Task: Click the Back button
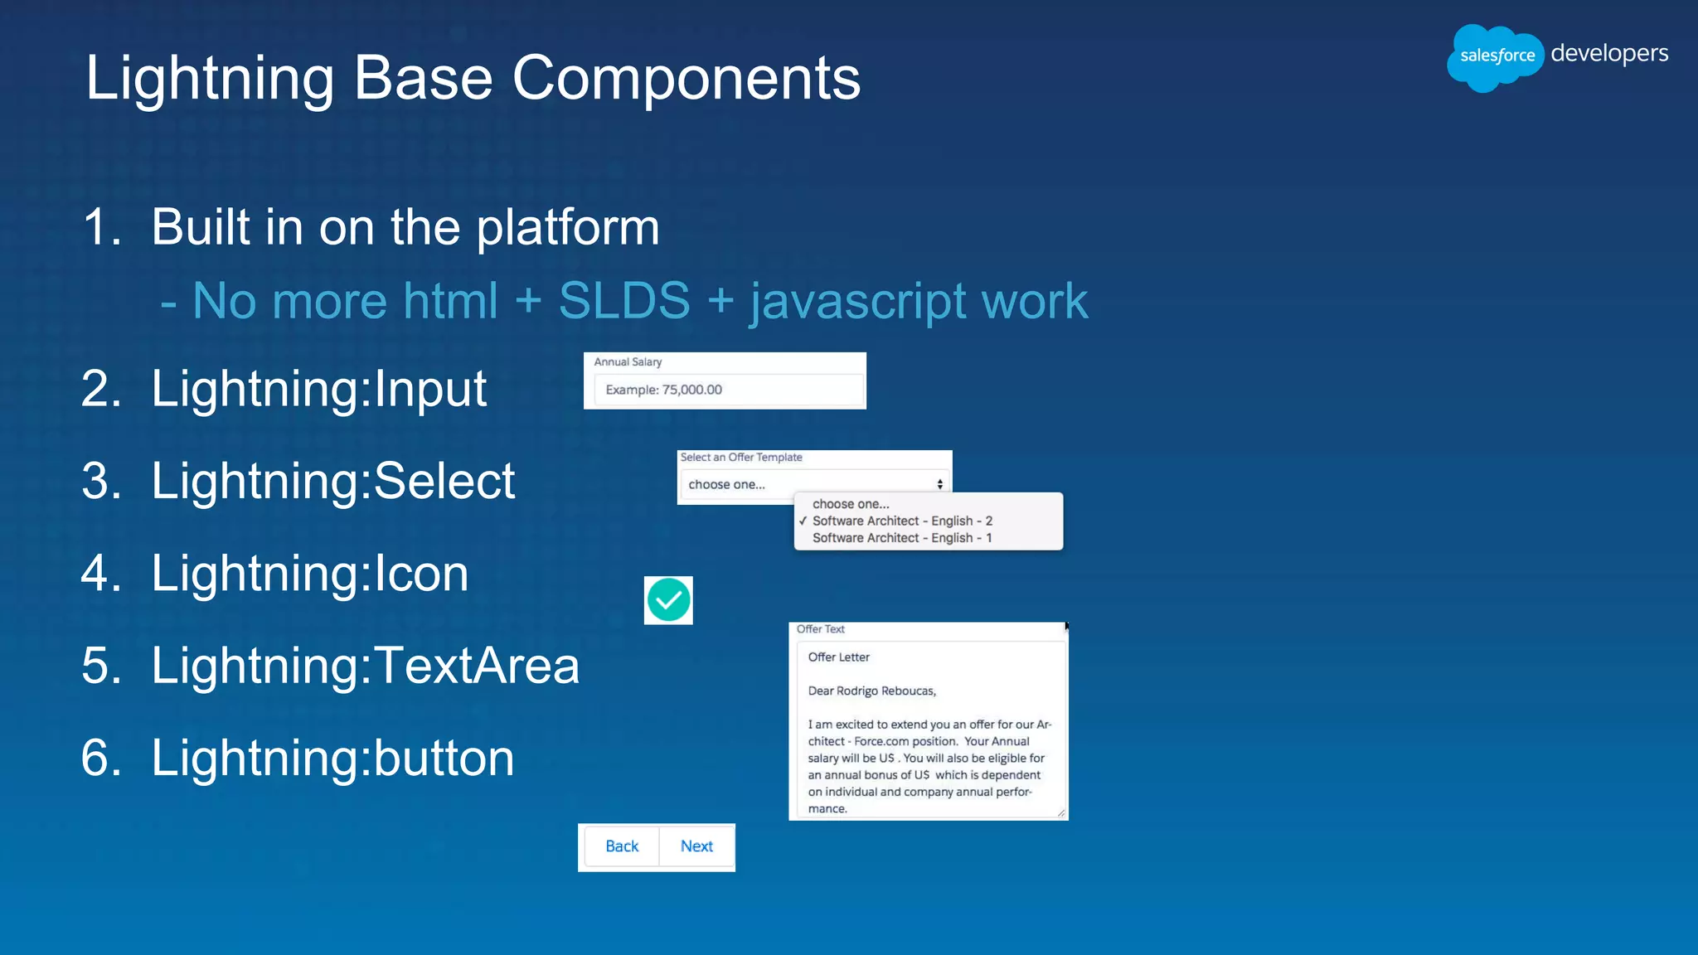[x=622, y=846]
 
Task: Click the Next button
[x=696, y=846]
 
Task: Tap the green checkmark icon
[x=668, y=600]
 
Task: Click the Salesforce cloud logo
[x=1495, y=56]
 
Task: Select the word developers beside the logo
[x=1608, y=53]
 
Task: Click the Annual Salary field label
[x=628, y=362]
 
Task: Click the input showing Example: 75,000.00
[x=728, y=390]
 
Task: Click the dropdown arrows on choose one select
[x=939, y=484]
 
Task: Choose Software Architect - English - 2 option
[x=902, y=521]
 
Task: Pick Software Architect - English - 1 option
[x=902, y=538]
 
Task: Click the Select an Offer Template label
[x=741, y=458]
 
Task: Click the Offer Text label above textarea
[x=820, y=629]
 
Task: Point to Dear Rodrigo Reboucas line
[x=871, y=691]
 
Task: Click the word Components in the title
[x=686, y=79]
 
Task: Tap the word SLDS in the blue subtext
[x=623, y=300]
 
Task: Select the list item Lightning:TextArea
[x=365, y=666]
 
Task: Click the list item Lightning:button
[x=332, y=758]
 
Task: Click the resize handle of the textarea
[x=1061, y=813]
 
